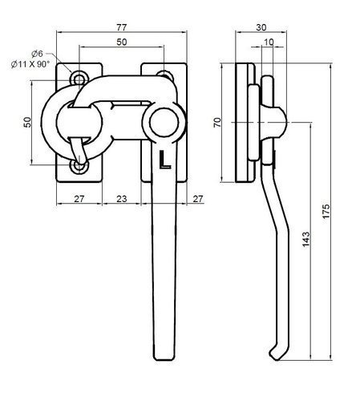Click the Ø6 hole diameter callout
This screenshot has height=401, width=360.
pyautogui.click(x=38, y=53)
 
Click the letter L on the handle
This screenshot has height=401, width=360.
pyautogui.click(x=164, y=160)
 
